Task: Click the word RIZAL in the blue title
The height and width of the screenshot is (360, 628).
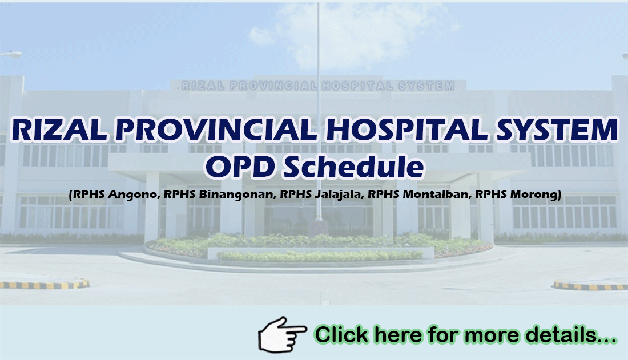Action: point(59,130)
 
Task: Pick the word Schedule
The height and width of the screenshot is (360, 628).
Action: point(354,167)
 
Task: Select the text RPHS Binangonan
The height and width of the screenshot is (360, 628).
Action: point(219,194)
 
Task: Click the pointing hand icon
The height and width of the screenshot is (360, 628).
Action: point(283,334)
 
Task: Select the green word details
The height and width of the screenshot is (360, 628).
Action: point(571,335)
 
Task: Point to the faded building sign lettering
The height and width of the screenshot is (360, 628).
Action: point(318,86)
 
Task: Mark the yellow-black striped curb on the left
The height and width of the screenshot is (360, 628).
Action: point(44,284)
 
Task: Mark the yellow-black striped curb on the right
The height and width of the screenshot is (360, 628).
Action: point(591,285)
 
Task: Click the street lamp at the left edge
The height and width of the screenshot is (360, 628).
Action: point(11,54)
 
